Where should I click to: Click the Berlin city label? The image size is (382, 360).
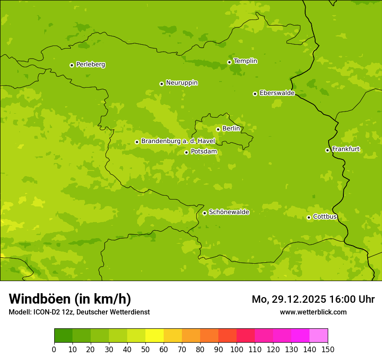231,129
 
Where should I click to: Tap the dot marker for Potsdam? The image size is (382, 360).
186,152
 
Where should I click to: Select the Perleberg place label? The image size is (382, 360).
90,65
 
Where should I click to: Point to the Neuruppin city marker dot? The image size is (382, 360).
161,84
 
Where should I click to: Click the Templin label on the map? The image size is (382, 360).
245,61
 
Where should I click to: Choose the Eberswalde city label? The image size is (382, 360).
277,93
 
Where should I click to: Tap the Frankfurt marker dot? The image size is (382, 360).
327,150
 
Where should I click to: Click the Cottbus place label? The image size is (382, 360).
325,217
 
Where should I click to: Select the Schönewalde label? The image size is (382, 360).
229,212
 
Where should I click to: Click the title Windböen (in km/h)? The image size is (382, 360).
70,299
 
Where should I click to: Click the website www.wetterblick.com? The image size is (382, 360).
313,312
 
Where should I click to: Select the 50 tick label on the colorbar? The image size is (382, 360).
145,349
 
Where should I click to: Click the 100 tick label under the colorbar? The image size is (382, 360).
237,349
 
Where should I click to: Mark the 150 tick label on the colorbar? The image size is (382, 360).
328,349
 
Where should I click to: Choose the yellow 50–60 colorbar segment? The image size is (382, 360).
155,336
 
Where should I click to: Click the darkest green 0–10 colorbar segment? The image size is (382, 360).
63,336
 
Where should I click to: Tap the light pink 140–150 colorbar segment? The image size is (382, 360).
319,336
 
